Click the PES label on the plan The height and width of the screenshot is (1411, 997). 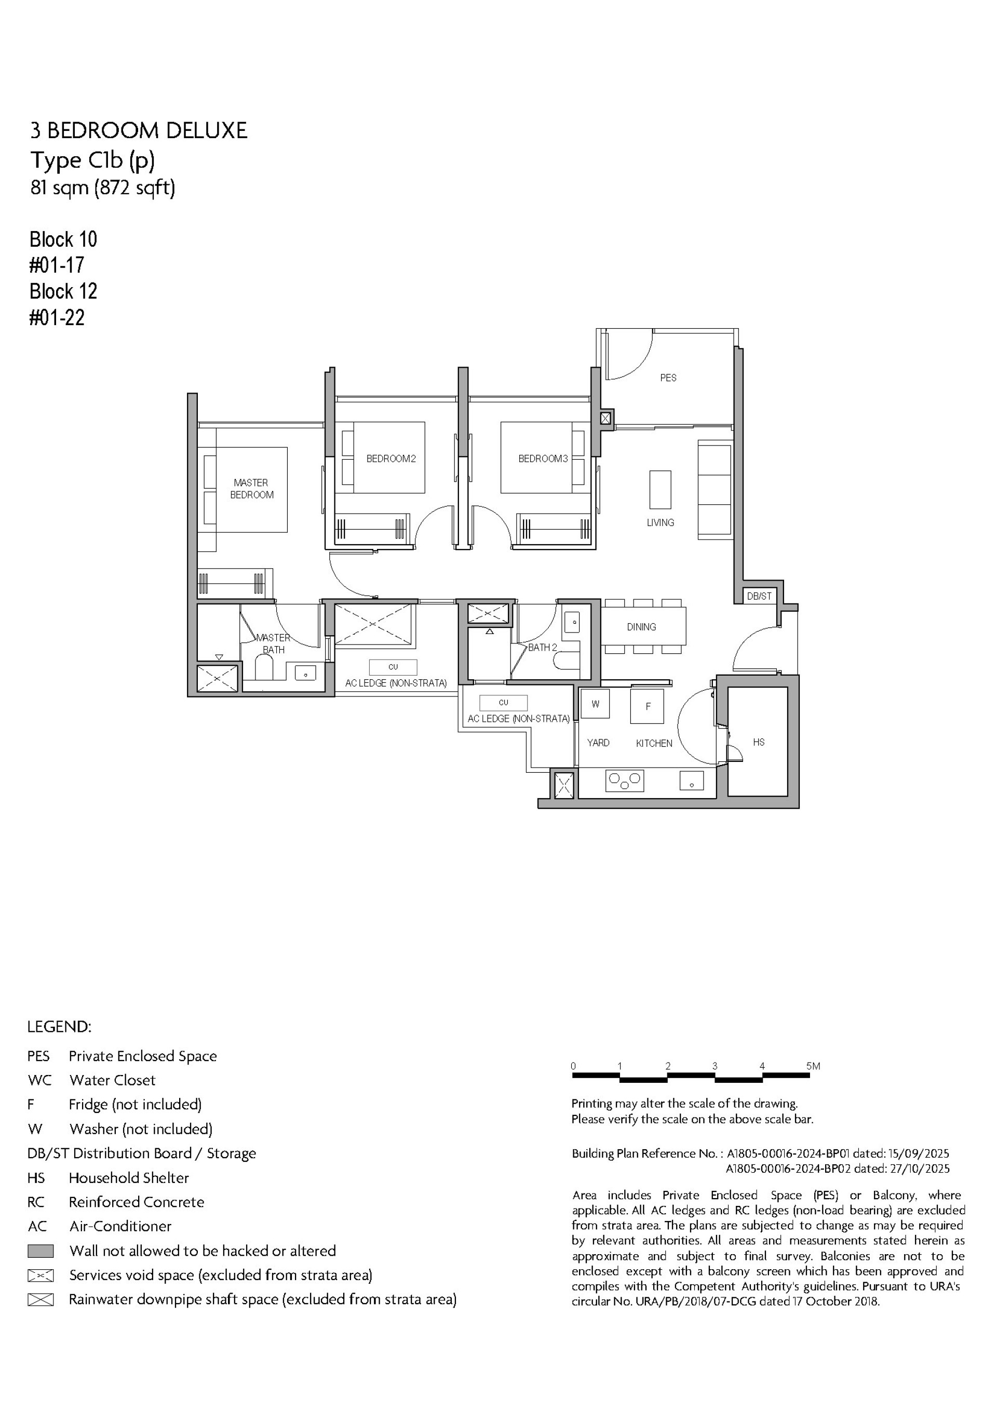point(668,378)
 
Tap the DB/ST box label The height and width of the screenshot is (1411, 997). point(759,596)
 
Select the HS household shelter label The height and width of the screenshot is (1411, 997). point(759,743)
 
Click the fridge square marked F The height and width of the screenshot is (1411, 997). point(647,706)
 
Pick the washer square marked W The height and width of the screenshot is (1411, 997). point(595,704)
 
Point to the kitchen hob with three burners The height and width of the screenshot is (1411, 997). point(625,781)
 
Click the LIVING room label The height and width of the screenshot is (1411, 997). point(660,522)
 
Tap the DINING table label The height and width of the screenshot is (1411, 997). point(641,627)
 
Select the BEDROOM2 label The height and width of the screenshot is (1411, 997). point(391,459)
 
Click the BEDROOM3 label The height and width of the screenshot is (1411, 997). point(543,459)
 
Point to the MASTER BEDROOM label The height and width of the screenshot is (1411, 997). point(251,489)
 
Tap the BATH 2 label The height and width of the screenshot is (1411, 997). point(542,647)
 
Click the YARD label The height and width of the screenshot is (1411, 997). point(598,743)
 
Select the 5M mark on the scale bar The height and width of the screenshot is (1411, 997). point(813,1066)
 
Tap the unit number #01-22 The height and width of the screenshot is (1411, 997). point(57,318)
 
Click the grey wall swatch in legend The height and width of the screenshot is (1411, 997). point(41,1251)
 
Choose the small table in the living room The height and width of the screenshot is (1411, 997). point(660,489)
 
